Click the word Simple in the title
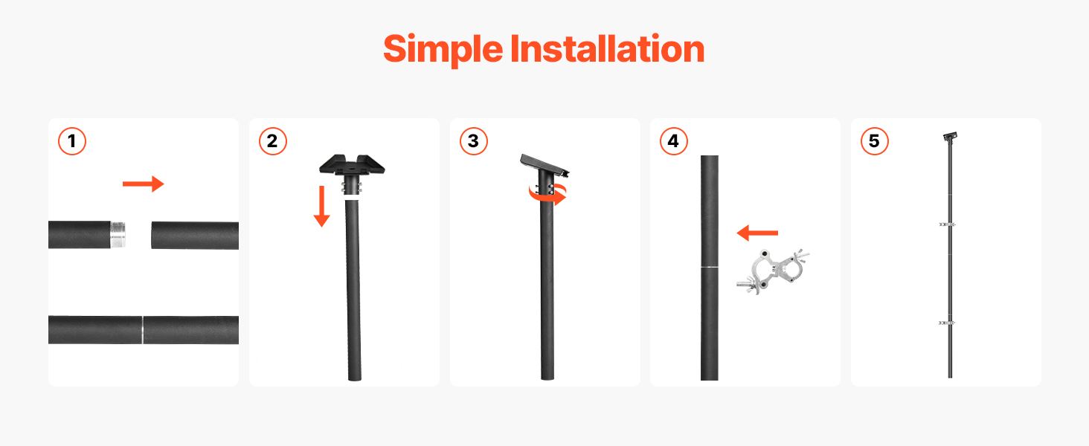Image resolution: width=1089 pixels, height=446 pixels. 443,50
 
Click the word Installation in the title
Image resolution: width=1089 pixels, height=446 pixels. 607,48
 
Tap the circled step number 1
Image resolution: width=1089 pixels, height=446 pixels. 72,141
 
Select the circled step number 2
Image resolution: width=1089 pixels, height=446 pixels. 273,141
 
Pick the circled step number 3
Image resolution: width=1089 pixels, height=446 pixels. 474,141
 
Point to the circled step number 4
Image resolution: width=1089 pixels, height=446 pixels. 674,141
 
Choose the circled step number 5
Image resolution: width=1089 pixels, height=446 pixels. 875,141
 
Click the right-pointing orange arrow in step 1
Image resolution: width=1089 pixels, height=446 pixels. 144,184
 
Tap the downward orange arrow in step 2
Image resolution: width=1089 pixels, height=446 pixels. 321,206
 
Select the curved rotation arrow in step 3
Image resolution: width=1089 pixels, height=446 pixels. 548,196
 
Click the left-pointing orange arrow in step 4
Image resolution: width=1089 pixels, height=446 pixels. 757,233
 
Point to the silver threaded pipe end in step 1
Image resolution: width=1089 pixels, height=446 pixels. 118,235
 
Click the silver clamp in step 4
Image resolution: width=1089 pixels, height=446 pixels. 773,271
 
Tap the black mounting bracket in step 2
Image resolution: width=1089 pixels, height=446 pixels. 352,165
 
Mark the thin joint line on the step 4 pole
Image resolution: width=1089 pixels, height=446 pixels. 710,267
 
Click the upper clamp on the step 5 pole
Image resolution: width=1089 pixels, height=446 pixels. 947,224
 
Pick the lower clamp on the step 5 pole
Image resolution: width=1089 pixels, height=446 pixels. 947,323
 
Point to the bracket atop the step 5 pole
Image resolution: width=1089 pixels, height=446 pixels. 950,137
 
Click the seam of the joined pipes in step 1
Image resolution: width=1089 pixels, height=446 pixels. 142,330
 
